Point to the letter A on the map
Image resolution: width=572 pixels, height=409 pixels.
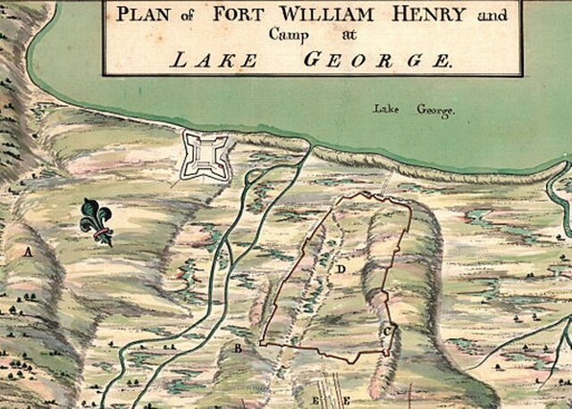click(28, 253)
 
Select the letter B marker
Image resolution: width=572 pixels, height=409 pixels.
click(238, 348)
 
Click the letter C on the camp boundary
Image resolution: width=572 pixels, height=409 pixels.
click(387, 331)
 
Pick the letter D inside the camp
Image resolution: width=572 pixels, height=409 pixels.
click(341, 267)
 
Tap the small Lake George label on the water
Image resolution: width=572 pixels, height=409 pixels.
click(415, 111)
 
